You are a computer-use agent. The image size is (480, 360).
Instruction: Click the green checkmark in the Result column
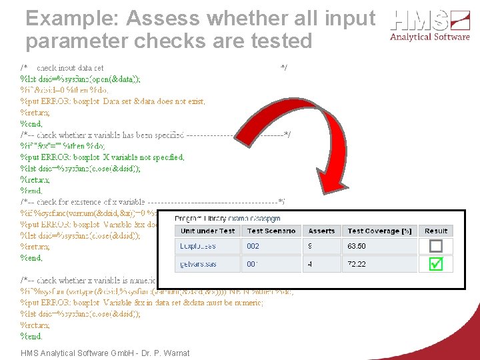[x=435, y=264]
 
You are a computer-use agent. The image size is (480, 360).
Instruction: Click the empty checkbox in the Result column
[x=435, y=246]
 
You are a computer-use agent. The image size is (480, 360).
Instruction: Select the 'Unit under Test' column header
[x=208, y=231]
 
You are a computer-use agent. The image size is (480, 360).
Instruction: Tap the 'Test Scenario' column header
[x=271, y=231]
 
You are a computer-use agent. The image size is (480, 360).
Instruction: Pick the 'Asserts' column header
[x=321, y=231]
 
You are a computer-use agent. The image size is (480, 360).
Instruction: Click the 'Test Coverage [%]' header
[x=379, y=231]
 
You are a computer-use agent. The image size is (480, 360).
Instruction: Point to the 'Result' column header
[x=436, y=231]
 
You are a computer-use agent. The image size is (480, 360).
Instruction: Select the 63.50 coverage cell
[x=357, y=246]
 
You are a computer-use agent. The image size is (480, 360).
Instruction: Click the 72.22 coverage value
[x=357, y=264]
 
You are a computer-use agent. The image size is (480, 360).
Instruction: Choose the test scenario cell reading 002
[x=253, y=246]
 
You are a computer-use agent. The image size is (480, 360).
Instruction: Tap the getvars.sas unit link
[x=199, y=264]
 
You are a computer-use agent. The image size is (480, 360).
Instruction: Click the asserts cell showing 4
[x=311, y=264]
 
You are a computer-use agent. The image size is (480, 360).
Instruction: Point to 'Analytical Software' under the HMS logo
[x=429, y=37]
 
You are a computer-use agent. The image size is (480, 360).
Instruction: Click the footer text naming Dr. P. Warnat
[x=105, y=353]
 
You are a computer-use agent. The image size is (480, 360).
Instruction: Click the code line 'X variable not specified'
[x=103, y=157]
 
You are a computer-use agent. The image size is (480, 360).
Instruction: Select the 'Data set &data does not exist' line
[x=113, y=101]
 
